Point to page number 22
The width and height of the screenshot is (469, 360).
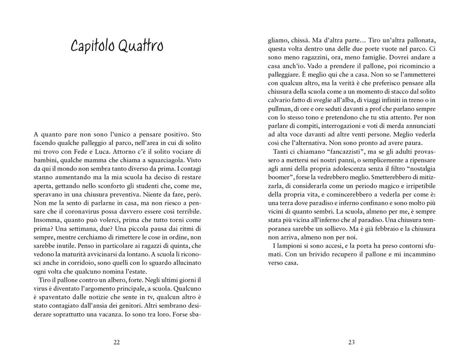[x=117, y=342]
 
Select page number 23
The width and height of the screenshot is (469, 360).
[x=352, y=342]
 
